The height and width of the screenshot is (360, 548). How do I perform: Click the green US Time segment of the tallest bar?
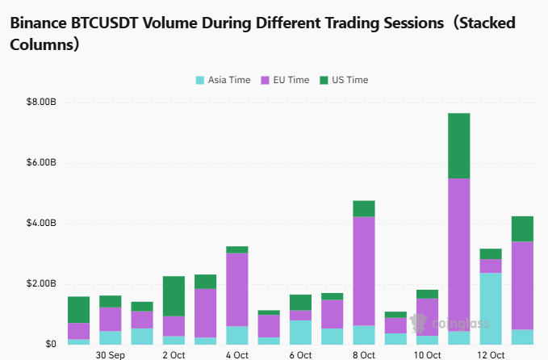click(458, 145)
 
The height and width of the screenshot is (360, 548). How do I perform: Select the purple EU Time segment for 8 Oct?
click(364, 270)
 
